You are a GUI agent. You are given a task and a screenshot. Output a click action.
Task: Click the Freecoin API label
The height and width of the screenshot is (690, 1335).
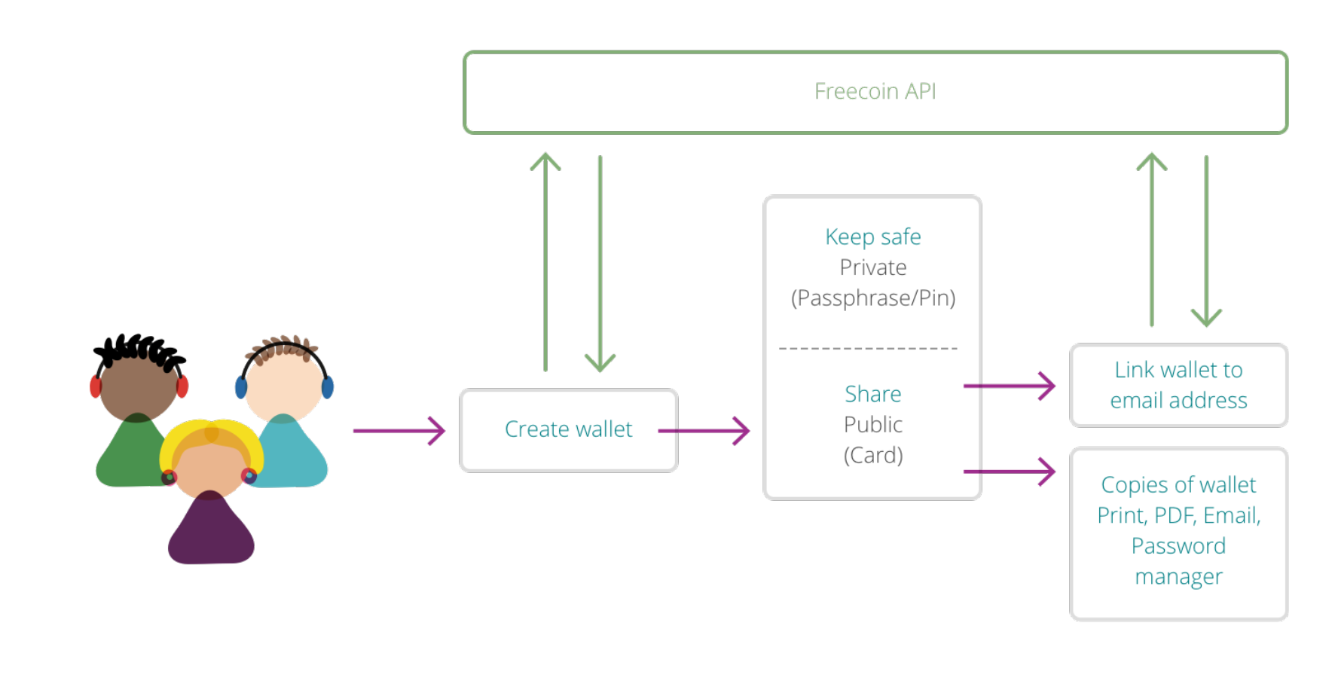[875, 91]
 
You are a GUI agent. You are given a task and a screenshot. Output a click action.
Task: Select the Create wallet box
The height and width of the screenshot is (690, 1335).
[569, 430]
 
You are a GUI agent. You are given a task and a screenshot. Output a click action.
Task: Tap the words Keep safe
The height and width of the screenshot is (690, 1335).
[872, 237]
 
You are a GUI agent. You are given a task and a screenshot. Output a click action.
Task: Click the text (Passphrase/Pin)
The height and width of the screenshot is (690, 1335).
[872, 298]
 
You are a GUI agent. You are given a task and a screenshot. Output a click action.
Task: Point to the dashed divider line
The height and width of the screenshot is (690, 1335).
[868, 349]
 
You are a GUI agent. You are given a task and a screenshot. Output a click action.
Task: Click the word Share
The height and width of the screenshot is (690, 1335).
[872, 394]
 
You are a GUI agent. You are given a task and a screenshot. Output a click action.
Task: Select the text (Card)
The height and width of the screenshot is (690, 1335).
[872, 455]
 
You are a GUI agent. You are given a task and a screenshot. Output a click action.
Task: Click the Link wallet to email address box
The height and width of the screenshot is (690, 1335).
[1178, 385]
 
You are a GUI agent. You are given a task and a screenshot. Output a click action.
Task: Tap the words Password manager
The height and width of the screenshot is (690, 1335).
[1178, 561]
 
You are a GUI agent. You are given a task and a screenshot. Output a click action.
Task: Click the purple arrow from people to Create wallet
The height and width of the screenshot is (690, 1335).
[399, 431]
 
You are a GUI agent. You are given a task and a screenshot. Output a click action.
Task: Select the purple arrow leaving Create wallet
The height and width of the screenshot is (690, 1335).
[704, 431]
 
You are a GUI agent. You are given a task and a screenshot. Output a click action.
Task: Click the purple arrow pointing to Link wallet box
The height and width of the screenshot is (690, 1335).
[1009, 386]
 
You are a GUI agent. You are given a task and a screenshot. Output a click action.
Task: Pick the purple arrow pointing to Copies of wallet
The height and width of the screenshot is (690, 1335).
[1009, 472]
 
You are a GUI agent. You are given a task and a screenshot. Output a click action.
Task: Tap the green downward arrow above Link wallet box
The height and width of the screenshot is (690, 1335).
[1206, 241]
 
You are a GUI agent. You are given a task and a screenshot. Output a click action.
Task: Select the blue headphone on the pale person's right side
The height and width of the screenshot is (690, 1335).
[327, 387]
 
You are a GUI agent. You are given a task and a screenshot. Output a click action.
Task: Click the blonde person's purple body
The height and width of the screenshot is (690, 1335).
[211, 532]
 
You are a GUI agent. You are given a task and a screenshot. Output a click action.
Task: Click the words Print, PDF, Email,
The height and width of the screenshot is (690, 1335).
[1178, 515]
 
